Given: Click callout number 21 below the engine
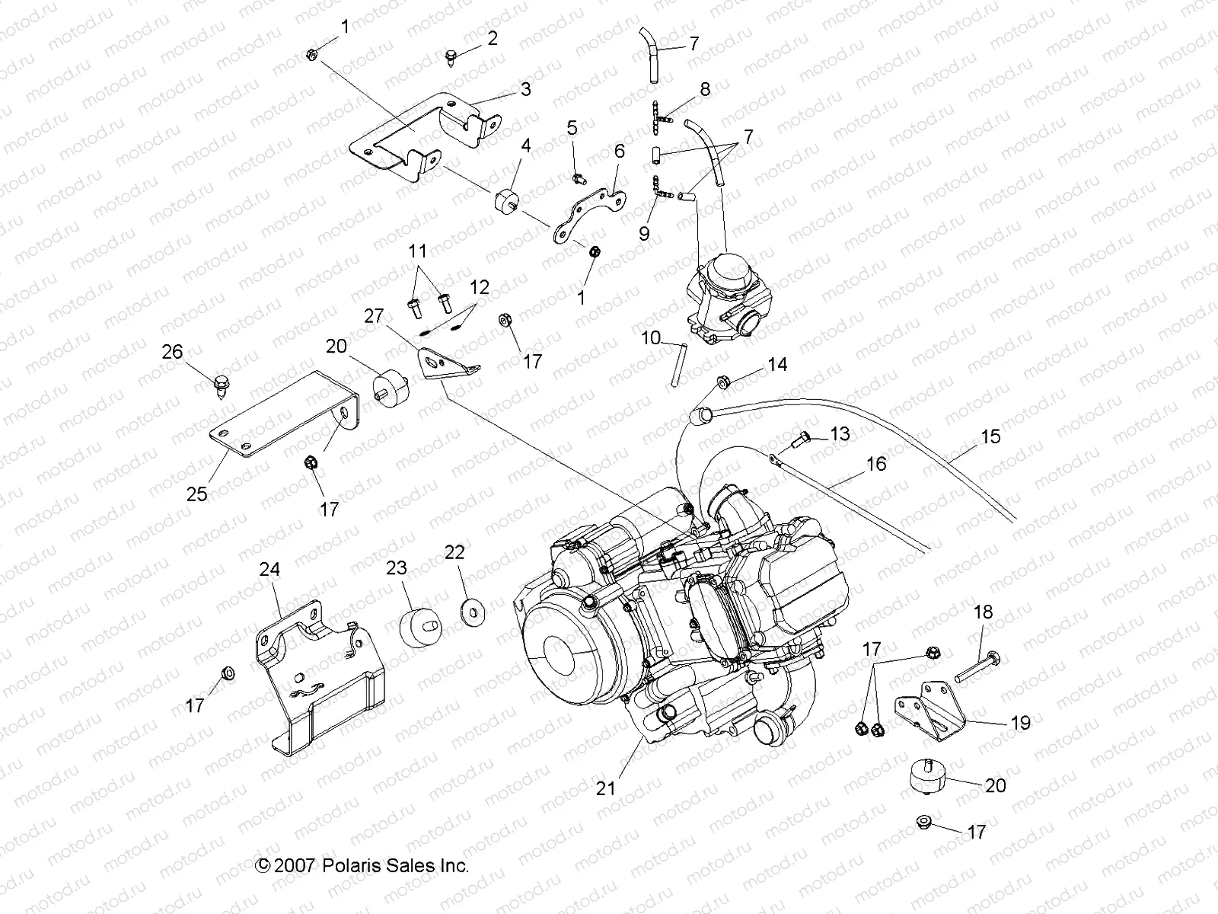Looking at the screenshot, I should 606,789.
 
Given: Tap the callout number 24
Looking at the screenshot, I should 269,569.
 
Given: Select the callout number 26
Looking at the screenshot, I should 173,351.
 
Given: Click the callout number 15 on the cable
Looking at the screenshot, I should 990,437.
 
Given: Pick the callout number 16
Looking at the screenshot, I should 876,463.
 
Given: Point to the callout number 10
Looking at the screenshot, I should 651,337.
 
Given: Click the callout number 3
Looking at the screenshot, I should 525,89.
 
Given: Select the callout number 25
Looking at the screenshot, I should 196,494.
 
